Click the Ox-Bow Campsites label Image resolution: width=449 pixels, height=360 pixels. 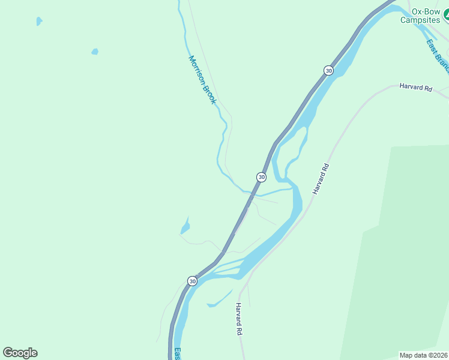pyautogui.click(x=420, y=15)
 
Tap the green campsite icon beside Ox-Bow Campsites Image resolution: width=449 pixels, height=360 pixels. pyautogui.click(x=446, y=19)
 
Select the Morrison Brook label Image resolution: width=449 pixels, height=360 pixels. pyautogui.click(x=202, y=80)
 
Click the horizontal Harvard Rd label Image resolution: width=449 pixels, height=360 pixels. pyautogui.click(x=415, y=88)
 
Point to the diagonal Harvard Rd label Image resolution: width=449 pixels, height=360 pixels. pyautogui.click(x=321, y=178)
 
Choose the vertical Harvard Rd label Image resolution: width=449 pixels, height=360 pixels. pyautogui.click(x=238, y=319)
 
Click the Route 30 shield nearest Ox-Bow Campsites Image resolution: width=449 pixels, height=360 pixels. pyautogui.click(x=328, y=70)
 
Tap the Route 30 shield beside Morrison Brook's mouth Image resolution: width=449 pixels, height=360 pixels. pyautogui.click(x=261, y=177)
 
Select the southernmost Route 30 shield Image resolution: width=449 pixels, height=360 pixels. pyautogui.click(x=192, y=281)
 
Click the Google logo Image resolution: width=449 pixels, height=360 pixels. pyautogui.click(x=20, y=353)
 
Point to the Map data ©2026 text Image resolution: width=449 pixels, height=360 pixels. pyautogui.click(x=423, y=355)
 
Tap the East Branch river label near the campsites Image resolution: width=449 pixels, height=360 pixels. pyautogui.click(x=437, y=53)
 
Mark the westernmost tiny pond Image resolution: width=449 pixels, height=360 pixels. pyautogui.click(x=39, y=21)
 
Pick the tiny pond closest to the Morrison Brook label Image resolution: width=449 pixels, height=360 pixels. pyautogui.click(x=95, y=52)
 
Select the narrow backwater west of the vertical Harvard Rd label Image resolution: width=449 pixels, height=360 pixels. pyautogui.click(x=219, y=299)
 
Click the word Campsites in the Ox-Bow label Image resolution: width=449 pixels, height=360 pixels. pyautogui.click(x=421, y=20)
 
